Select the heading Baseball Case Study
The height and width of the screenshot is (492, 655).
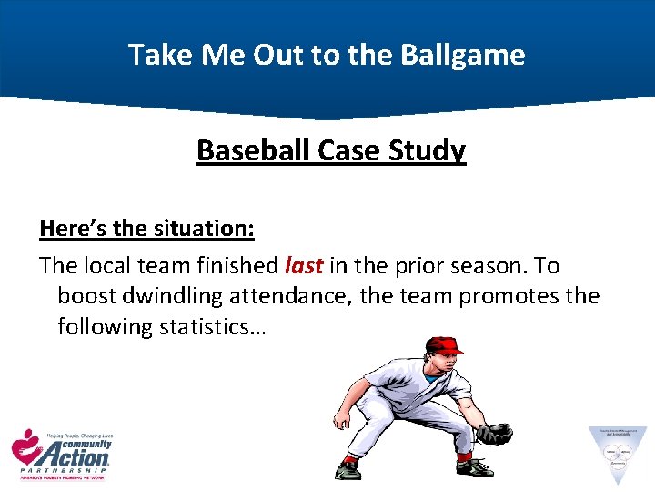click(331, 150)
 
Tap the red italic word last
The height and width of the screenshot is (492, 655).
click(304, 266)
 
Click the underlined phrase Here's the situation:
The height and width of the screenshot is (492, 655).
click(146, 228)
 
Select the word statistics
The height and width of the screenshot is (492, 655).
click(207, 326)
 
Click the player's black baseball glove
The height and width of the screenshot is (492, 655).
click(494, 434)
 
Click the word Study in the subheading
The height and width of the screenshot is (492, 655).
click(427, 150)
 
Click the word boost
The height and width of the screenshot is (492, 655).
click(86, 296)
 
